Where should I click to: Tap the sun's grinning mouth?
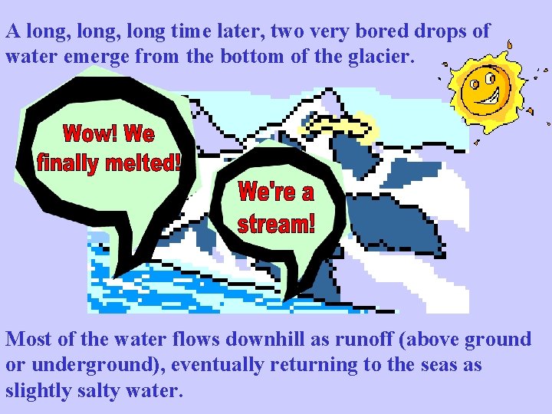(489, 99)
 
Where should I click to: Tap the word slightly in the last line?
(35, 390)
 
